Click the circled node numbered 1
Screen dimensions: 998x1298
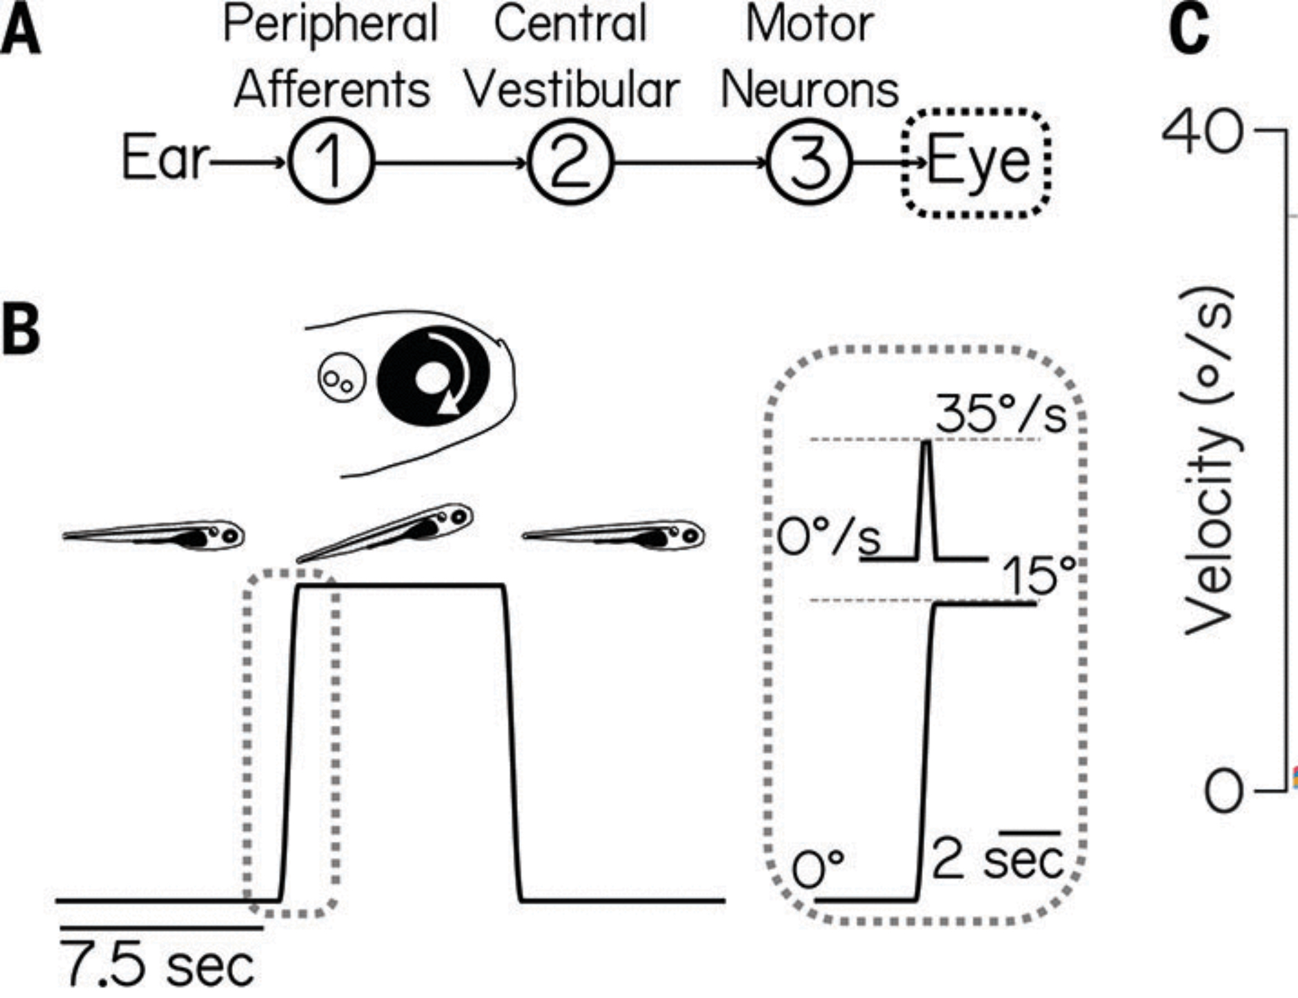[x=331, y=162]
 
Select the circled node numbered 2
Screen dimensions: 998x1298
[x=570, y=162]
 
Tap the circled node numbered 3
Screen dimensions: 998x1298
[x=809, y=162]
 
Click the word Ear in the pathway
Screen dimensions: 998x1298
[x=165, y=158]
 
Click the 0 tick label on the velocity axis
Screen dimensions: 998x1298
[x=1224, y=791]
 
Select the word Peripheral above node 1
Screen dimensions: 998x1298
[x=330, y=25]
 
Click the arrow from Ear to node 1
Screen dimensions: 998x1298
[x=247, y=162]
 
